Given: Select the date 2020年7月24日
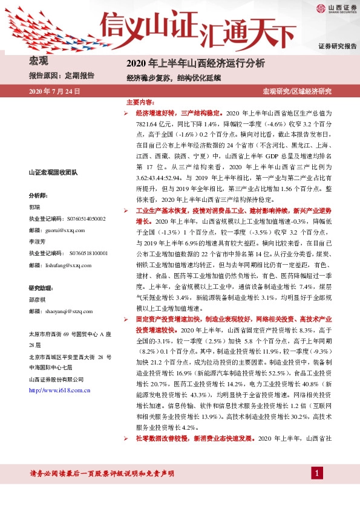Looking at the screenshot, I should coord(54,91).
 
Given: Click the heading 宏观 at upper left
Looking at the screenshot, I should coord(39,60).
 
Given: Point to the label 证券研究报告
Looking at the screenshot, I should coord(337,46).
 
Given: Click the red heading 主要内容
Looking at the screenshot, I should coord(140,103).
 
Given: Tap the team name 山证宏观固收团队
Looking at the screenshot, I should coord(53,172).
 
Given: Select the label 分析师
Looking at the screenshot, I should coord(38,196).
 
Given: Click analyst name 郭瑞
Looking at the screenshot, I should coord(35,207).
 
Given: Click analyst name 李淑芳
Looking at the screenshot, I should coord(38,241).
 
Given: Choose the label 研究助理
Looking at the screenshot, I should coord(41,287).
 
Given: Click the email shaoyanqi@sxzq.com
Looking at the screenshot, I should coord(61,310).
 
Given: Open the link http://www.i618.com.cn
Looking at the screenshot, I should coord(60,391).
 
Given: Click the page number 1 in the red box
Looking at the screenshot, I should coord(316,473).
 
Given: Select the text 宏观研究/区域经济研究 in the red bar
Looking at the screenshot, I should coord(296,91).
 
